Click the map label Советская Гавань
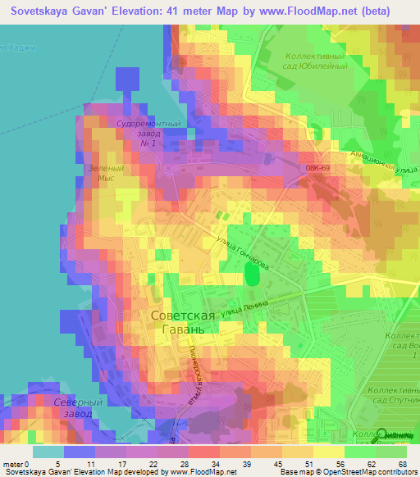185,321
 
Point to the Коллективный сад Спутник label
393,397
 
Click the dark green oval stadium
252,276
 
